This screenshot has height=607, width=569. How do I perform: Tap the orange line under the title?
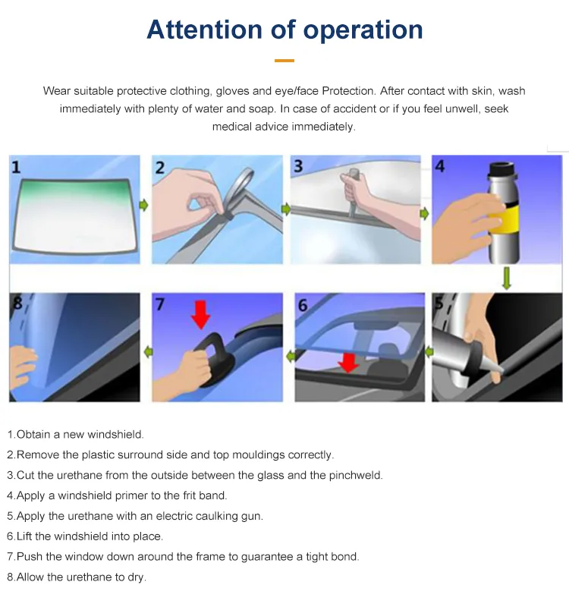coord(284,60)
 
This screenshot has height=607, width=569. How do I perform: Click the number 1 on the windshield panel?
coord(16,166)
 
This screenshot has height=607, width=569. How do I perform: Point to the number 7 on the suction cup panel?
coord(160,304)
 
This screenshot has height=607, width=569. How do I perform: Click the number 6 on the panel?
coord(303,306)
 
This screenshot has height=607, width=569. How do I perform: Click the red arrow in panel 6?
coord(348,363)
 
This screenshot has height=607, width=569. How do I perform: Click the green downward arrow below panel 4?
coord(507,277)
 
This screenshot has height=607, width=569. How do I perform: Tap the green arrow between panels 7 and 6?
coord(289,354)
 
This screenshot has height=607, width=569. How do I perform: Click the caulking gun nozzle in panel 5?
coord(491,373)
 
